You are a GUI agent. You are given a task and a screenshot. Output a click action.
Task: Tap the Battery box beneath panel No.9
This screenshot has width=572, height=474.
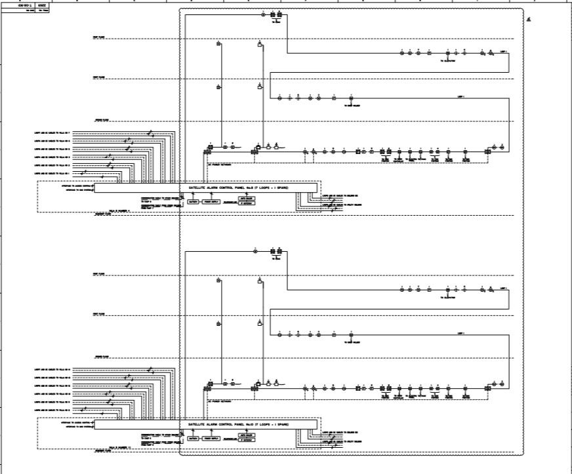194,201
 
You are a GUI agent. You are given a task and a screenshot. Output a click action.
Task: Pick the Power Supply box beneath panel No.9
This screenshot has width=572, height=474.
211,201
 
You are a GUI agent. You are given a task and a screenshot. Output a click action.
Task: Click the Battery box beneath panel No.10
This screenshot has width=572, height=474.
194,438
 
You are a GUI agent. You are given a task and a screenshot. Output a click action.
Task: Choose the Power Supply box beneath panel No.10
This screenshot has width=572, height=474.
211,438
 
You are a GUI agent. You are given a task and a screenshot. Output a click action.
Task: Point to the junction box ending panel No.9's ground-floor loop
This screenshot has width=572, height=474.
488,151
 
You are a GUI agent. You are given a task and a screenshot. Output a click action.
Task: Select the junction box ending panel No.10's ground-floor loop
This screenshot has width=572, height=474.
488,388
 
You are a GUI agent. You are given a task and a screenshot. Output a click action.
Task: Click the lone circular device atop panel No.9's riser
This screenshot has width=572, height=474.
255,14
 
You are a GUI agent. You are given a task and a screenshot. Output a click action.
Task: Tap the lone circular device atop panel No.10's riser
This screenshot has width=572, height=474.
255,250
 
